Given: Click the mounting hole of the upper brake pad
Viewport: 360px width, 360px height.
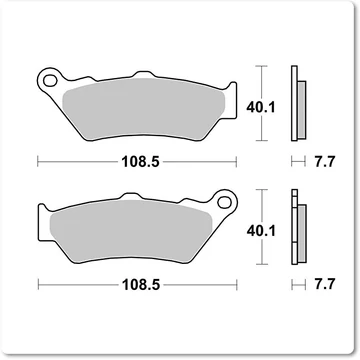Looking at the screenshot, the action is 50,80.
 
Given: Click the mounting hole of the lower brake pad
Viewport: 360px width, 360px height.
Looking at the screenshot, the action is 224,201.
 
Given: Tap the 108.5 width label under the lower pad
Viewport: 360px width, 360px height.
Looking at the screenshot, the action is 141,285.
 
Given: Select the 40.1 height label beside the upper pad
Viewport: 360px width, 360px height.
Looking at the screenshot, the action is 261,107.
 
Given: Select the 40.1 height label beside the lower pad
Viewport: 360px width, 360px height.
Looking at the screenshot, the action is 261,231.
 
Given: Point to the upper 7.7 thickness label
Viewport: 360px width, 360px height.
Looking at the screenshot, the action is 324,162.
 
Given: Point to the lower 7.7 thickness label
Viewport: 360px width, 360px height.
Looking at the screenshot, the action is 324,285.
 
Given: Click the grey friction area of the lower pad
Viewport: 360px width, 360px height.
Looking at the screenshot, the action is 131,231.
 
